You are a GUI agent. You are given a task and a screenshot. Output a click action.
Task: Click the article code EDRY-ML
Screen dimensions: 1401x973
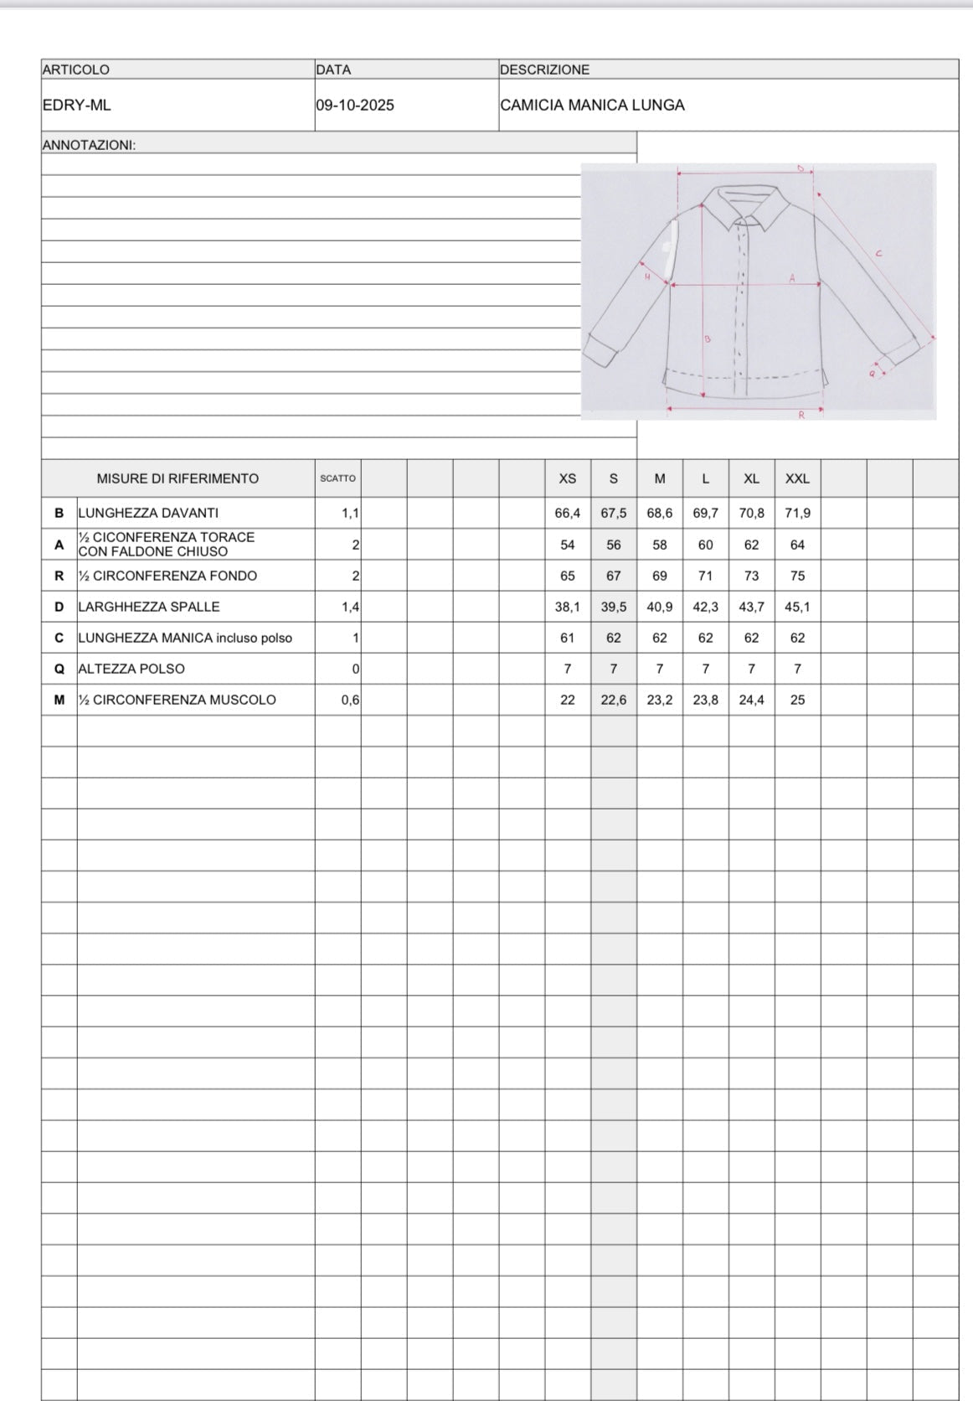(x=76, y=106)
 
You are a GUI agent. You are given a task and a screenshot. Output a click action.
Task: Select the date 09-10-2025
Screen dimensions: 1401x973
(x=355, y=106)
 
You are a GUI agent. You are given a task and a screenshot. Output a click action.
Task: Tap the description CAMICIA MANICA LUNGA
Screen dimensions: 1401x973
(x=592, y=106)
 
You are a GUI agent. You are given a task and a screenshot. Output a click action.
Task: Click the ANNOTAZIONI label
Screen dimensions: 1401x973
(x=89, y=145)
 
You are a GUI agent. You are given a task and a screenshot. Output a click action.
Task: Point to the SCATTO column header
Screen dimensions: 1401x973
(x=337, y=478)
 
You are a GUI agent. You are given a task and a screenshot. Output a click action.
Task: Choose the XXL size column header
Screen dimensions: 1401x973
(x=797, y=478)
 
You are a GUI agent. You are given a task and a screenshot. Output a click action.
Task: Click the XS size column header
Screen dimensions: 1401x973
(x=568, y=478)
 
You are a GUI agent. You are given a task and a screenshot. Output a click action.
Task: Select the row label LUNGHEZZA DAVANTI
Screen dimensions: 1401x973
(x=148, y=513)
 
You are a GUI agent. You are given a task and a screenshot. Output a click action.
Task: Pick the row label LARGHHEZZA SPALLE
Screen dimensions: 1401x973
(x=149, y=607)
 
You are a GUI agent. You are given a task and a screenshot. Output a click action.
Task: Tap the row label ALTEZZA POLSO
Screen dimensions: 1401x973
(x=131, y=669)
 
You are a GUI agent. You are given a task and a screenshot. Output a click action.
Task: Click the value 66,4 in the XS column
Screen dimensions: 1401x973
(x=568, y=513)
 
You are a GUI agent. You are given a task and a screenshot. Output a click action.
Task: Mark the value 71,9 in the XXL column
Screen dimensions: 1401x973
(x=797, y=513)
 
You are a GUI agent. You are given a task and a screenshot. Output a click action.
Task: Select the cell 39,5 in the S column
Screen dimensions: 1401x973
(x=614, y=607)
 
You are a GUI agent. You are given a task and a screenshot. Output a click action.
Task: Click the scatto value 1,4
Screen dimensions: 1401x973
(x=350, y=607)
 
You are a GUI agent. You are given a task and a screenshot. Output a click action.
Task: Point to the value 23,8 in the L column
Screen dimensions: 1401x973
(x=706, y=700)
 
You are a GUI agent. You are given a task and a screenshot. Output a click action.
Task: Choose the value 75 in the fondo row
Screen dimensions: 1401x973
(x=797, y=576)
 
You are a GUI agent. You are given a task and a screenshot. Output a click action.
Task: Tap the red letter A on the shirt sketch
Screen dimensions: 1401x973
(x=791, y=278)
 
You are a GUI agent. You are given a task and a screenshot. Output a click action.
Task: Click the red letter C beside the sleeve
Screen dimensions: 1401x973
(x=878, y=253)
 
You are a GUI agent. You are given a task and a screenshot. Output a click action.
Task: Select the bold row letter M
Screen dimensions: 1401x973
(x=59, y=700)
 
